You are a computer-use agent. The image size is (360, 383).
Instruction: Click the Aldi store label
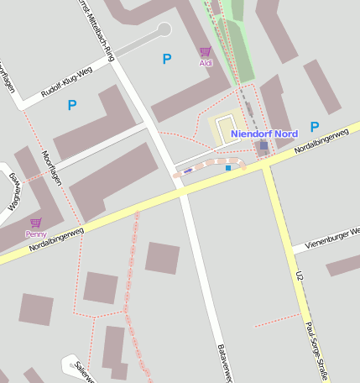[x=206, y=63]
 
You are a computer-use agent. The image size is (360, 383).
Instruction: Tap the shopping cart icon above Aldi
[x=206, y=52]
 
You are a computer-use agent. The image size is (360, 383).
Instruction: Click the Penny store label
[x=36, y=233]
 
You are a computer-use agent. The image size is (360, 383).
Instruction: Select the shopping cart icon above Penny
[x=36, y=223]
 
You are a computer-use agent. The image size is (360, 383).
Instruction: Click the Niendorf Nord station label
[x=264, y=134]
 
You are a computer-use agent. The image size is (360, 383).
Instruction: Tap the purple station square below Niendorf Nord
[x=263, y=145]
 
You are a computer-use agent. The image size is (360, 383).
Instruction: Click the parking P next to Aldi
[x=166, y=59]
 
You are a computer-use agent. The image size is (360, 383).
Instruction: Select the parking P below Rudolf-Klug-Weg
[x=71, y=105]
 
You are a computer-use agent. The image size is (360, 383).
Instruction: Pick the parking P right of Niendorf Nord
[x=315, y=127]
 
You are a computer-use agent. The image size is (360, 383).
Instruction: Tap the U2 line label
[x=298, y=276]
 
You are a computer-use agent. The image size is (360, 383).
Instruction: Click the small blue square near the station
[x=228, y=168]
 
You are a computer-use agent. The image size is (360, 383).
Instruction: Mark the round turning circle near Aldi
[x=164, y=29]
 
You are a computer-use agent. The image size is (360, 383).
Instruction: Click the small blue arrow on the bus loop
[x=188, y=171]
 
